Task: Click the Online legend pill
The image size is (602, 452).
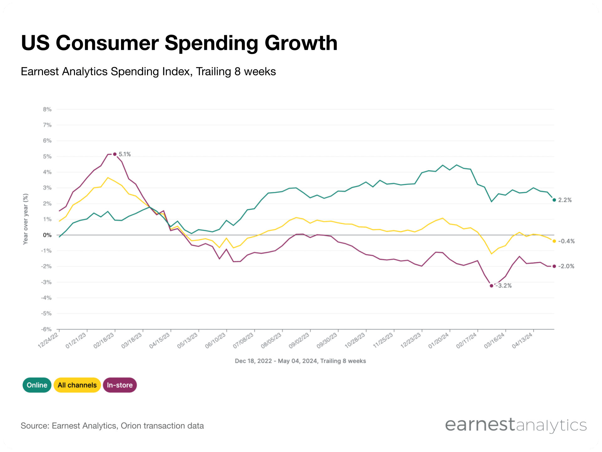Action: click(37, 385)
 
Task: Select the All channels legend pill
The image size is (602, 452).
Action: click(77, 385)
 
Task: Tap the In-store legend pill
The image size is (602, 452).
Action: click(119, 385)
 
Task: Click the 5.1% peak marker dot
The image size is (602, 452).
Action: click(115, 154)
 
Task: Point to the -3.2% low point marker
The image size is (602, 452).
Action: click(491, 286)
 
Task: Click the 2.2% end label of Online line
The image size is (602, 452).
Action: click(565, 200)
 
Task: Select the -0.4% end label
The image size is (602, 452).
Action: click(566, 241)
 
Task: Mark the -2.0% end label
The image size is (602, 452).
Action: click(566, 266)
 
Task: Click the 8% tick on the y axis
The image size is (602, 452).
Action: click(47, 109)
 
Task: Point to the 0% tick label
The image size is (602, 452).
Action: click(47, 235)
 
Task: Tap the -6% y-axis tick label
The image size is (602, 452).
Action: click(46, 329)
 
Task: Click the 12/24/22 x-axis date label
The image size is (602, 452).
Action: click(48, 341)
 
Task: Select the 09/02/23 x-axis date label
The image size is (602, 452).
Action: click(299, 341)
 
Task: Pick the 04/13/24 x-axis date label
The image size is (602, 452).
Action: click(522, 341)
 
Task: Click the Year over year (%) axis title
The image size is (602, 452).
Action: click(25, 219)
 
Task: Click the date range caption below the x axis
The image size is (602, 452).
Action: click(300, 361)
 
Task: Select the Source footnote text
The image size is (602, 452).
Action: click(112, 426)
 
